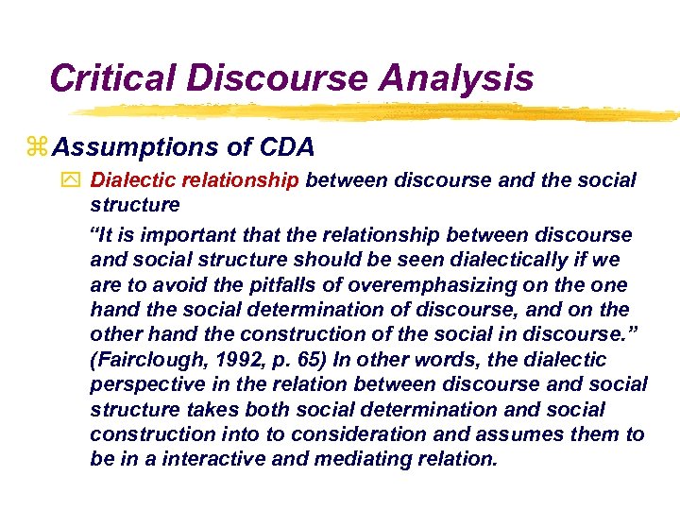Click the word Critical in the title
coord(111,76)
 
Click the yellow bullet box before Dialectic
coord(75,179)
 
